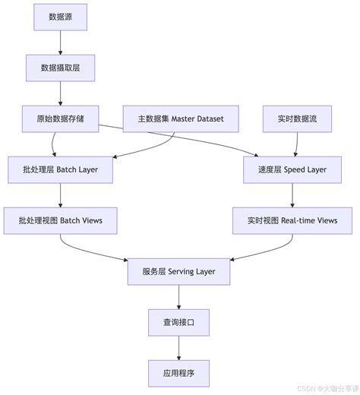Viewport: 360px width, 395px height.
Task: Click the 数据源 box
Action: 61,17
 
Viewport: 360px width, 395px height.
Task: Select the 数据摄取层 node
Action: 61,68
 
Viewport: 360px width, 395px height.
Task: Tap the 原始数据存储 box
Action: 61,118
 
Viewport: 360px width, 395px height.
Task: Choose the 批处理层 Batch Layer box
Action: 61,169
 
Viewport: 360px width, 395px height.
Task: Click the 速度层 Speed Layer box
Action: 292,169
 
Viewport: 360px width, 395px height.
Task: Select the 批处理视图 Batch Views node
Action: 61,220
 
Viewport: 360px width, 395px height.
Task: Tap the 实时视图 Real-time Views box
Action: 292,220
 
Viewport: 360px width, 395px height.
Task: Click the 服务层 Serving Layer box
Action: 179,271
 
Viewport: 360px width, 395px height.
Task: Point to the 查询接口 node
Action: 179,322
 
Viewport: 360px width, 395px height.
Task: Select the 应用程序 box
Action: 179,372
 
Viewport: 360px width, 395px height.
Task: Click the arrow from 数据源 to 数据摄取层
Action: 61,42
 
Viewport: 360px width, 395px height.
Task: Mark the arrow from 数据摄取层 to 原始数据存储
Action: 61,93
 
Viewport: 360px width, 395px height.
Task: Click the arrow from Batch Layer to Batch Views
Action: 61,194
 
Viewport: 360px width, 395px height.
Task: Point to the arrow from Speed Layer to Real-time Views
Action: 292,194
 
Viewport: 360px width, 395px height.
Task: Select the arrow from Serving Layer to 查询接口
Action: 179,296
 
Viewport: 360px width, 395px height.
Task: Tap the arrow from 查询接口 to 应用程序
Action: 179,347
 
